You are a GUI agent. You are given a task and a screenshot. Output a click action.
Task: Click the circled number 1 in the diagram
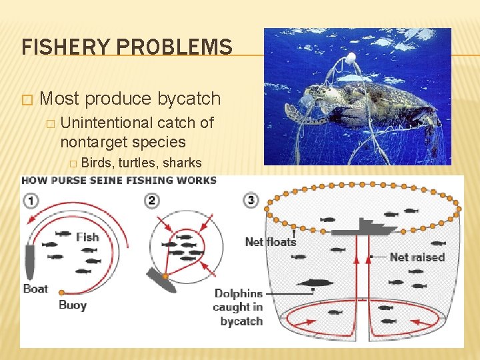pyautogui.click(x=32, y=199)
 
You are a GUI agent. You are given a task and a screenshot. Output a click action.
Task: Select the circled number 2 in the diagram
pyautogui.click(x=152, y=199)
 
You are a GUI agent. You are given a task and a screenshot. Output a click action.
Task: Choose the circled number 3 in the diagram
pyautogui.click(x=251, y=199)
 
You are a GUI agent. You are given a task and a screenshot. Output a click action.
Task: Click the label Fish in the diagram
pyautogui.click(x=87, y=237)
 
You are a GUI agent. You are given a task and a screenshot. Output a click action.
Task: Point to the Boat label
pyautogui.click(x=35, y=289)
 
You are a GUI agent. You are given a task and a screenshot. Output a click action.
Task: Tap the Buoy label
pyautogui.click(x=72, y=305)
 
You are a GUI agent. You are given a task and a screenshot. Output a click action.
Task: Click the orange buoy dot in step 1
pyautogui.click(x=61, y=293)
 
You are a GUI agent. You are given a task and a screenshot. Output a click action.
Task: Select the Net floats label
pyautogui.click(x=271, y=241)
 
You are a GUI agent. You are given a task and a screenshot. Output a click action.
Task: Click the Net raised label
pyautogui.click(x=417, y=257)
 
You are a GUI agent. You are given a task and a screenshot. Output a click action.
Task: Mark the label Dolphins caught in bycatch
pyautogui.click(x=238, y=307)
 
